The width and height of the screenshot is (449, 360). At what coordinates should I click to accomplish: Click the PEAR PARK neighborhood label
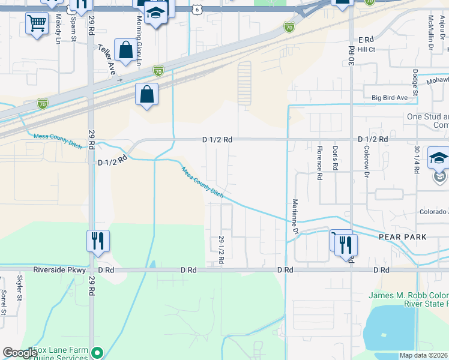(x=402, y=237)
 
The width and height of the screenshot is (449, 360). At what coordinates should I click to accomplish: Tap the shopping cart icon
(x=37, y=24)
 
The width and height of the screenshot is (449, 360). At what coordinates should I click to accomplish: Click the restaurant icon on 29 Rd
(x=98, y=241)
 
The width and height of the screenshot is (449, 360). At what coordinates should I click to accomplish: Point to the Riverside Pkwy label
(x=56, y=271)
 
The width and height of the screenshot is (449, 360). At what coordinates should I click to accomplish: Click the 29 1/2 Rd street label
(x=221, y=251)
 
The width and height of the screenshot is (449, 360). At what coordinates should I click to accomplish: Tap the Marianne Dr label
(x=295, y=216)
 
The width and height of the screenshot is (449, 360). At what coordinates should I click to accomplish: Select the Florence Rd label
(x=319, y=158)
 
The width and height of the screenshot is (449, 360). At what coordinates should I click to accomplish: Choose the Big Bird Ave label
(x=389, y=97)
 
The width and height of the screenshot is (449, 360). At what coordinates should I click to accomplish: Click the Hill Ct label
(x=366, y=49)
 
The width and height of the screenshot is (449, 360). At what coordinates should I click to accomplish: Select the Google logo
(x=20, y=353)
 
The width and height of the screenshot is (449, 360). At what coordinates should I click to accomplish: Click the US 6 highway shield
(x=197, y=10)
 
